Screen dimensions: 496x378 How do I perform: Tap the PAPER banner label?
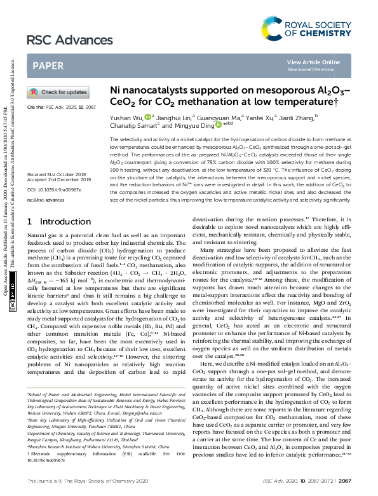tap(47, 65)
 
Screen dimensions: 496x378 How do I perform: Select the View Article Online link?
tap(313, 62)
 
